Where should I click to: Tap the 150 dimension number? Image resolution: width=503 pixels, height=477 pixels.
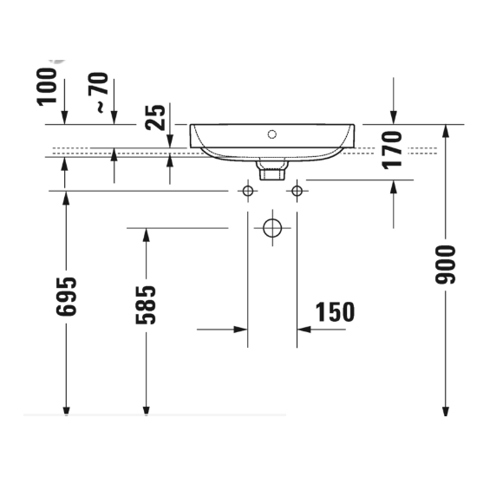(x=334, y=312)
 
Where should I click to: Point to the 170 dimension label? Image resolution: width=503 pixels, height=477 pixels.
(x=393, y=148)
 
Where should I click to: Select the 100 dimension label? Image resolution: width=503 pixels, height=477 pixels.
(x=49, y=86)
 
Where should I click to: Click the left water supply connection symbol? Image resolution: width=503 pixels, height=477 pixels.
(x=249, y=190)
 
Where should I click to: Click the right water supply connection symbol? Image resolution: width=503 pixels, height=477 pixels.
(x=297, y=190)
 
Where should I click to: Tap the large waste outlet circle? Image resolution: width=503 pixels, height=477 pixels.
(x=273, y=228)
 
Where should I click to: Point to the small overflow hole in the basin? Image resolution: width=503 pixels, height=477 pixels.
(x=272, y=134)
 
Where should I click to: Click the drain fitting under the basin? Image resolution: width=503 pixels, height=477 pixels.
(x=272, y=168)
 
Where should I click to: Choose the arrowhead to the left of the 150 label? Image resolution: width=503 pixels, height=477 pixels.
(x=241, y=330)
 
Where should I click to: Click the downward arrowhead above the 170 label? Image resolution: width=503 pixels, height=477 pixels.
(x=394, y=118)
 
